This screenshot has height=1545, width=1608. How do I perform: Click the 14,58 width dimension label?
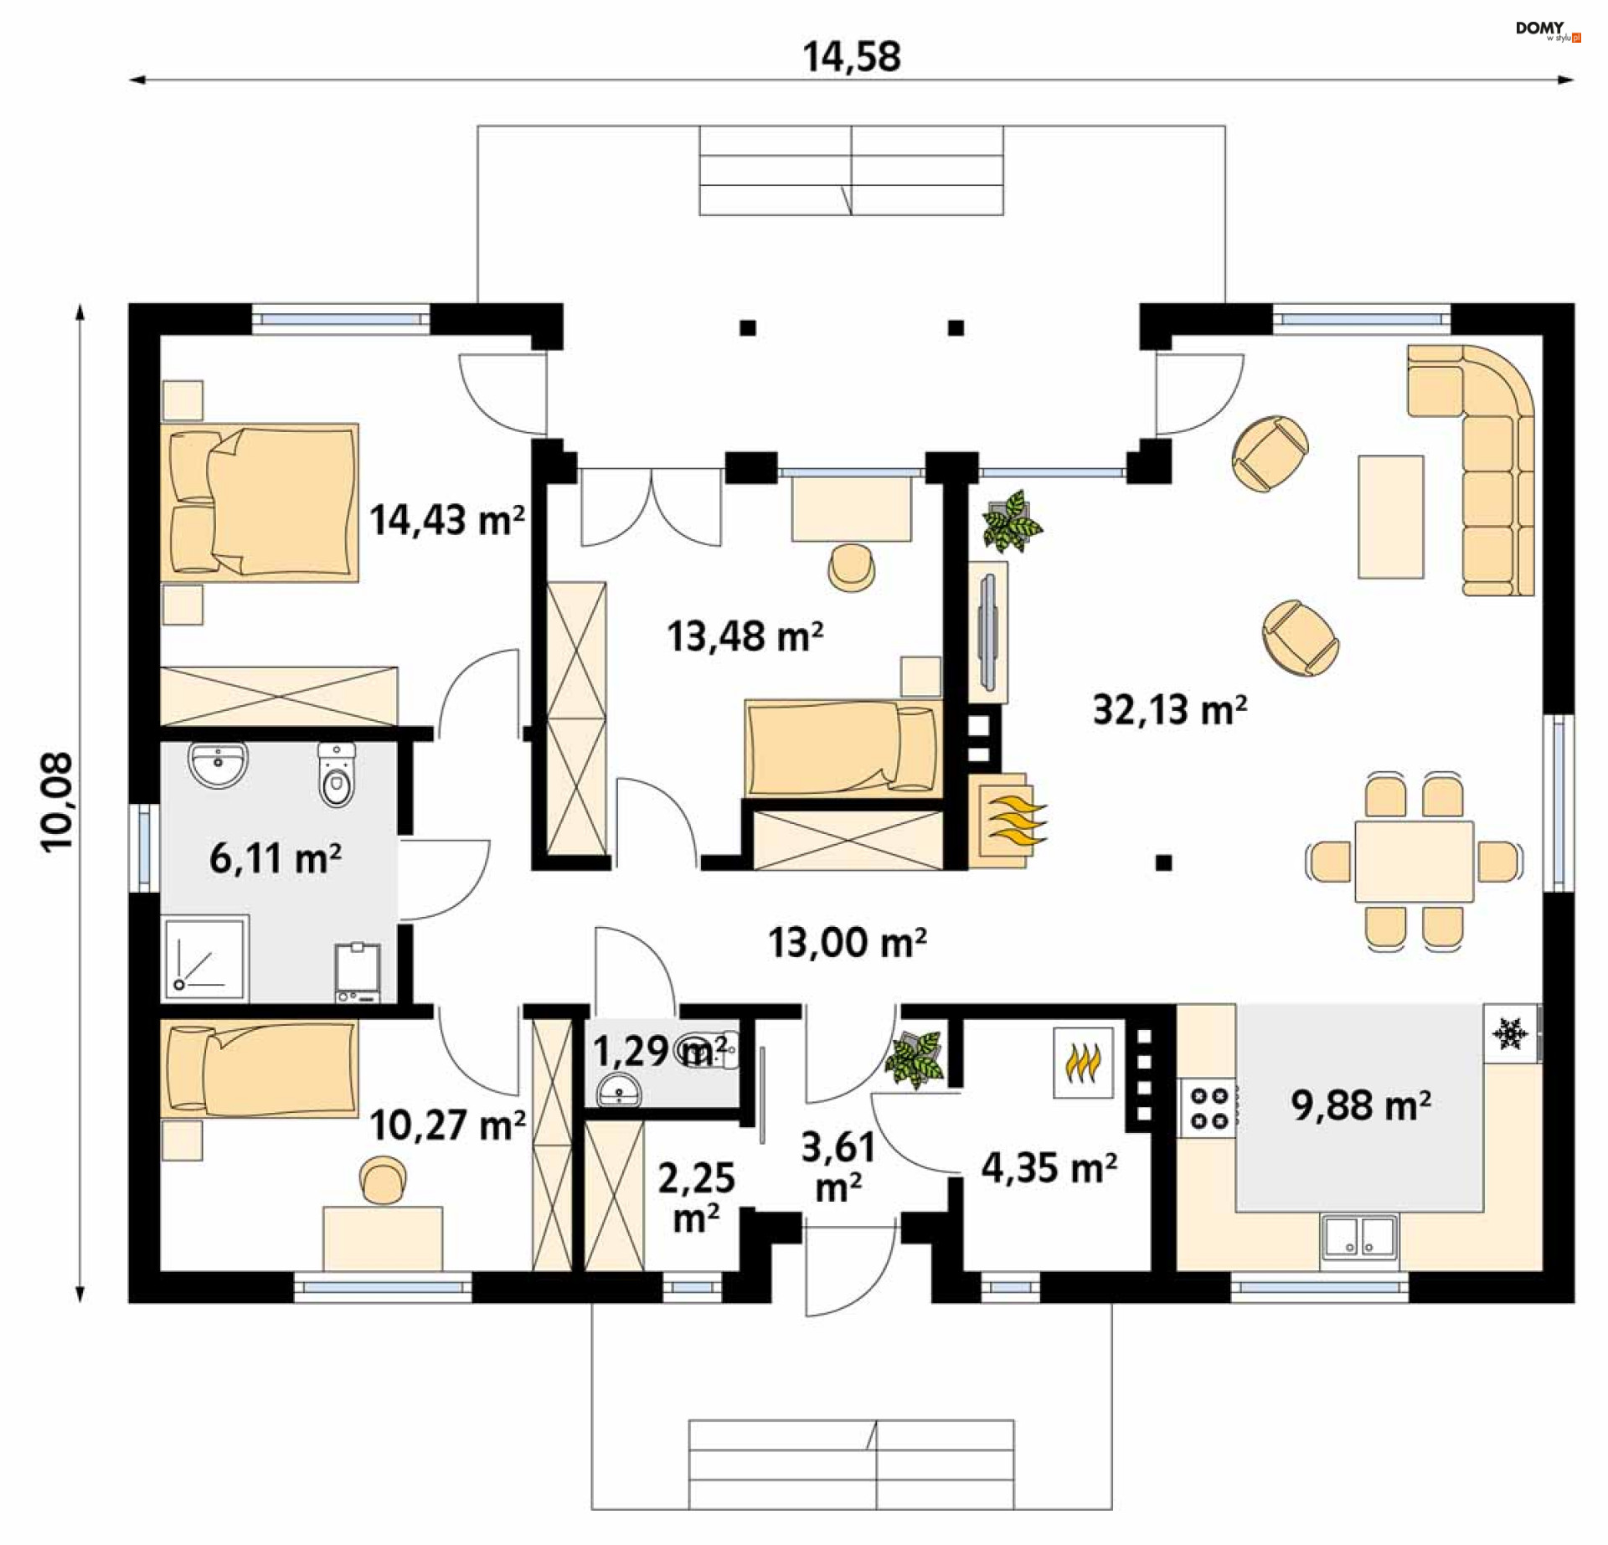click(x=852, y=57)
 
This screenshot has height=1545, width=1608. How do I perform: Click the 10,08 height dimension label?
click(x=58, y=803)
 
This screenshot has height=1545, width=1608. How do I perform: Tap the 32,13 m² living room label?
click(x=1170, y=709)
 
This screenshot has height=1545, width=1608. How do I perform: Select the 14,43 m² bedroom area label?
click(x=447, y=519)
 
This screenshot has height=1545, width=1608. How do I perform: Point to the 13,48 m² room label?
click(x=745, y=636)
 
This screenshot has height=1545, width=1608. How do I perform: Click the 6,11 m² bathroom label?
click(x=276, y=858)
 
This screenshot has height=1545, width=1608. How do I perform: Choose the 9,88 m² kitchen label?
click(x=1361, y=1105)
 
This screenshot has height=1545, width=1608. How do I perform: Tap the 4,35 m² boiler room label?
click(x=1049, y=1167)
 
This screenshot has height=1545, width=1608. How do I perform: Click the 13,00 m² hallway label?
click(x=848, y=942)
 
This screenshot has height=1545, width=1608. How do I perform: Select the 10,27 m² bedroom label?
click(x=447, y=1125)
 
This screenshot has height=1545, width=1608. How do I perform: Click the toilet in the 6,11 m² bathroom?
click(x=337, y=775)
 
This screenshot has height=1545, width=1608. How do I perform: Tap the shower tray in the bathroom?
click(x=205, y=959)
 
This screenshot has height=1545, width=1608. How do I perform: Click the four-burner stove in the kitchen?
click(x=1209, y=1107)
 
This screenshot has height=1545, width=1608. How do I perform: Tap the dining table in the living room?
click(x=1415, y=862)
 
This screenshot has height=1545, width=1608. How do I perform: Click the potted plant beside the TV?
click(x=1011, y=522)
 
